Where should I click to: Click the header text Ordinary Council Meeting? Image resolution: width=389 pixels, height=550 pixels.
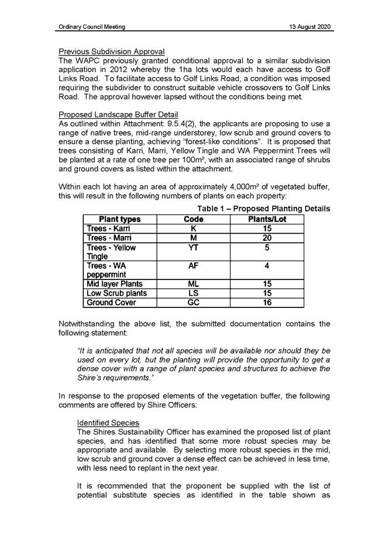tap(92, 27)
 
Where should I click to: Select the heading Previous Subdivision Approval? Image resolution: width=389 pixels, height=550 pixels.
tap(112, 52)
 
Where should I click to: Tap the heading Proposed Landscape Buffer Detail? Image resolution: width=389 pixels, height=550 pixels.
tap(118, 113)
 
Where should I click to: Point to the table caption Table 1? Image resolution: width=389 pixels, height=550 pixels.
tap(263, 209)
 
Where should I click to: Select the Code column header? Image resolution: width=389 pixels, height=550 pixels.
tap(194, 219)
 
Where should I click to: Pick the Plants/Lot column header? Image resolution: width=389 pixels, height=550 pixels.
tap(267, 219)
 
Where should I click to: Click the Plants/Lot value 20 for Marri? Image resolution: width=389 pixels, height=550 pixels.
tap(267, 238)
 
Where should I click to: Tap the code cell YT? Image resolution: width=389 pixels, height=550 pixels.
tap(194, 248)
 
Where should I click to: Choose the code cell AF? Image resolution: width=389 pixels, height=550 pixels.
tap(194, 265)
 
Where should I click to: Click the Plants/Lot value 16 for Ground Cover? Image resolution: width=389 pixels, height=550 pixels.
tap(267, 303)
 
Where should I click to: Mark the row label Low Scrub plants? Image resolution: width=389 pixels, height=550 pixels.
tap(117, 293)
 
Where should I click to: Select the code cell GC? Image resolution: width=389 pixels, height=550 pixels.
tap(194, 303)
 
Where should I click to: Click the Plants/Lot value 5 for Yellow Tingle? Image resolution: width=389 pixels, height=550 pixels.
tap(267, 248)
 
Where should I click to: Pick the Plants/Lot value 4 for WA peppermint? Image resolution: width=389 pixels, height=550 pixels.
tap(267, 265)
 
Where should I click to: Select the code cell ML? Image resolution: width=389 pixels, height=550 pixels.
tap(194, 284)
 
